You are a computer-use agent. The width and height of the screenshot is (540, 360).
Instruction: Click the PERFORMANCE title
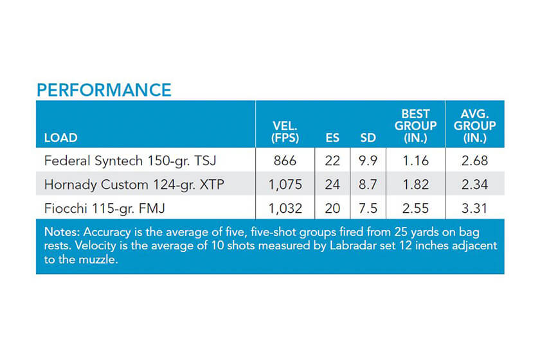point(104,90)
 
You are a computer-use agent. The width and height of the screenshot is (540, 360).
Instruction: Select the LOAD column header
point(60,138)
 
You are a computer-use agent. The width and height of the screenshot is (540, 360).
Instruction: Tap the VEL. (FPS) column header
point(285,132)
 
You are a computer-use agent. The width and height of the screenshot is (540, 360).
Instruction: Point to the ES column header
point(332,138)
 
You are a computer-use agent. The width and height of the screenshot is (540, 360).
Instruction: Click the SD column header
point(368,138)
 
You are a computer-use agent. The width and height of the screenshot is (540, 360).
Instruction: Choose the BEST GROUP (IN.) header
point(415,126)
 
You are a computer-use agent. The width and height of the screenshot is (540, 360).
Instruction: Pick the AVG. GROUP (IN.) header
point(474,126)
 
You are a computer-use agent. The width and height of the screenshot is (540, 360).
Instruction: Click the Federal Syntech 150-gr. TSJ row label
point(130,161)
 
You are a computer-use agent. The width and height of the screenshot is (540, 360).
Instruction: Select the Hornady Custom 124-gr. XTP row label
point(134,184)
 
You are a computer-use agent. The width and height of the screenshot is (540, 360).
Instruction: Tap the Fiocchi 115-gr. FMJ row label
point(105,208)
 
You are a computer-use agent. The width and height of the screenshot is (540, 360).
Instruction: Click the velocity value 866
point(285,161)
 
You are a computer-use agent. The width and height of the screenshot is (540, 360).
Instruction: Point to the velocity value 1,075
point(285,184)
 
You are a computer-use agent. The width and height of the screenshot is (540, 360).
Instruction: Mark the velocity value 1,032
point(285,208)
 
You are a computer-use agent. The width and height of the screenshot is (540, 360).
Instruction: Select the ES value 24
point(332,184)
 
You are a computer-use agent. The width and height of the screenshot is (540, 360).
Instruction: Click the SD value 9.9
point(368,161)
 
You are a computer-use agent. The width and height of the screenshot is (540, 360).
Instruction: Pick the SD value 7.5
point(368,208)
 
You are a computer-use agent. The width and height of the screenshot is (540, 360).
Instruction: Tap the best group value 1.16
point(415,161)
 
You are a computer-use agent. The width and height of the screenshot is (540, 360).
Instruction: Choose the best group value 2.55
point(415,208)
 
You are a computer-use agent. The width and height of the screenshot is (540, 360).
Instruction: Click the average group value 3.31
point(474,208)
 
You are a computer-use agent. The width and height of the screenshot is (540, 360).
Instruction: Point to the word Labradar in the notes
point(352,246)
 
